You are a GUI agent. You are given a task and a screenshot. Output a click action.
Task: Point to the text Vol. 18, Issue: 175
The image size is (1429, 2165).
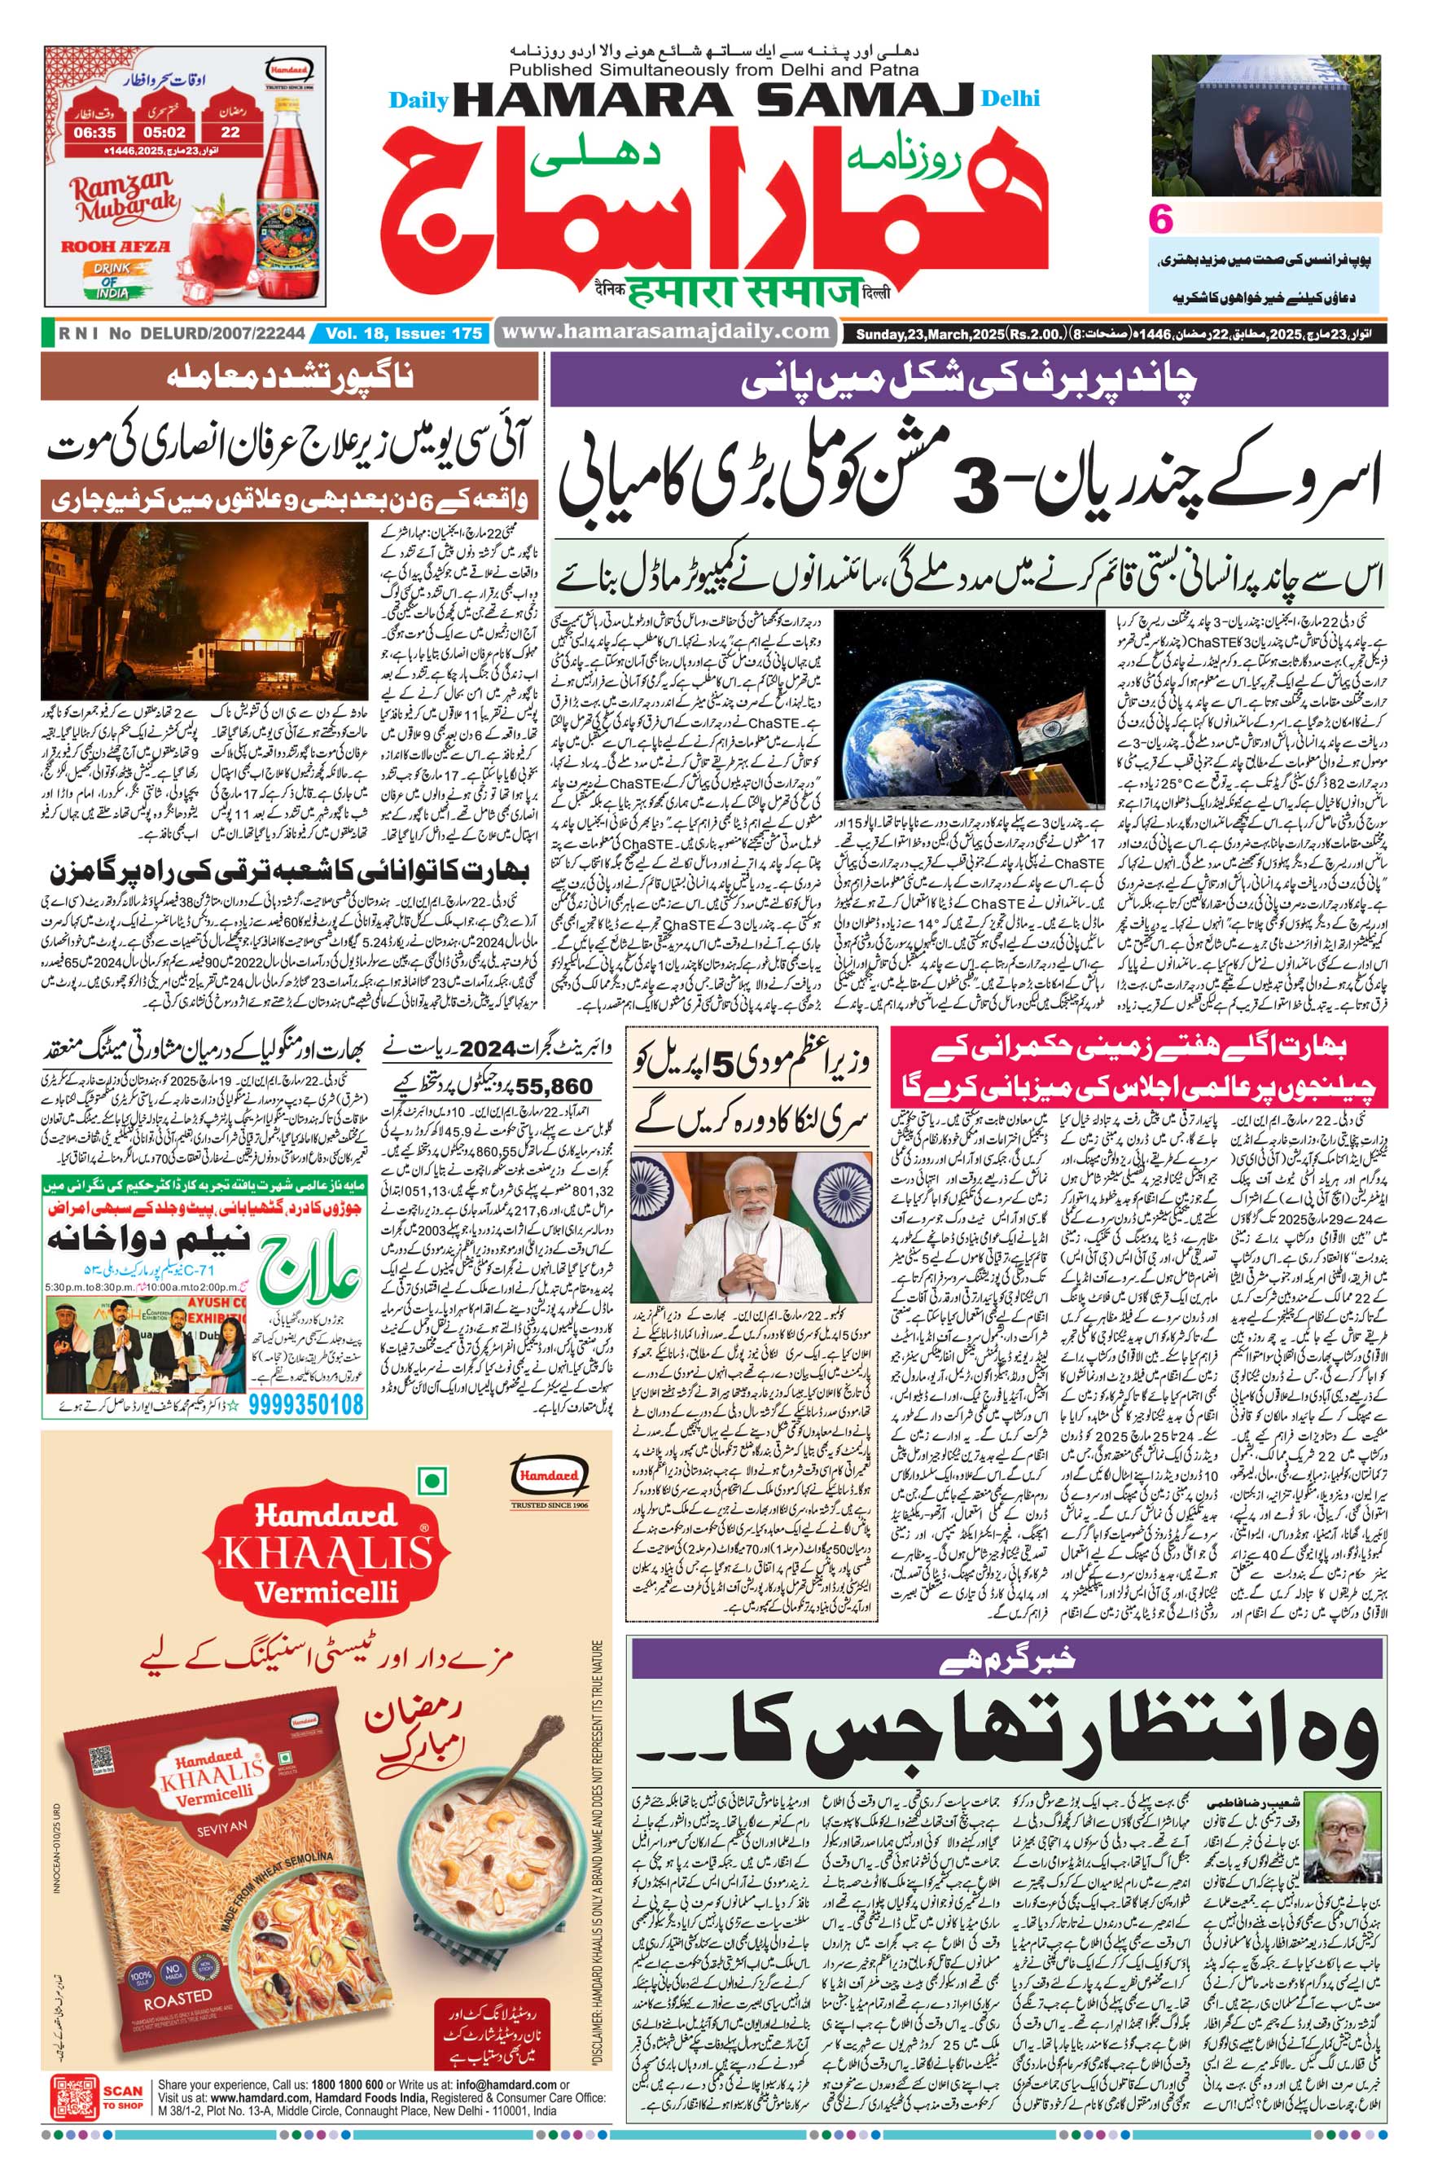click(x=403, y=335)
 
